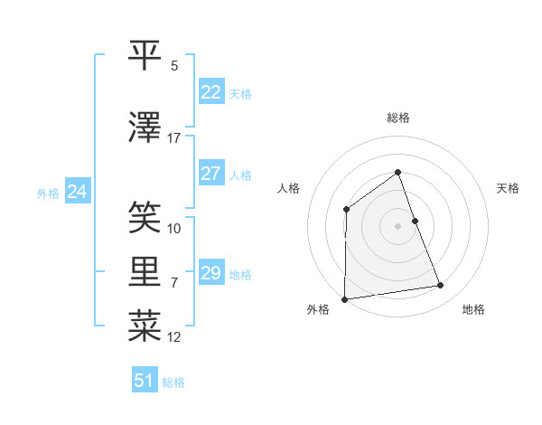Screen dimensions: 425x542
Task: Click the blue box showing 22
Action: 211,92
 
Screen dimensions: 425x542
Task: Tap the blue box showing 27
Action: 211,174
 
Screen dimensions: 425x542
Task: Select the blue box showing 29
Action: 211,273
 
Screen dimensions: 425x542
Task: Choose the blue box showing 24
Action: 77,192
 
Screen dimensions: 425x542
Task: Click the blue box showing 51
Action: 145,381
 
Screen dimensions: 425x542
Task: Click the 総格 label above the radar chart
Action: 397,118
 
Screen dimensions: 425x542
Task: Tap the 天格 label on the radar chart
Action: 508,188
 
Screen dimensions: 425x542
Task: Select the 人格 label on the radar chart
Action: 288,188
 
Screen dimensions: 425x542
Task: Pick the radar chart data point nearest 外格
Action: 344,299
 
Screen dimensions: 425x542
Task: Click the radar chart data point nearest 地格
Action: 441,286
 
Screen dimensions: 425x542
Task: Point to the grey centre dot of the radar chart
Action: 397,225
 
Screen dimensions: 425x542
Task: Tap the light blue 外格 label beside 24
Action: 48,193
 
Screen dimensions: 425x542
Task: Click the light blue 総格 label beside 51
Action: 173,382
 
